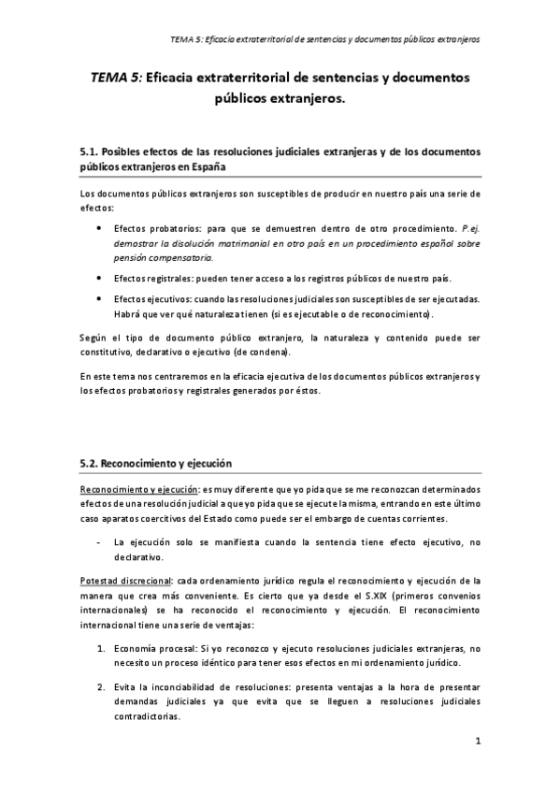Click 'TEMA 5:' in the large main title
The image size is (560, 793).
[x=118, y=80]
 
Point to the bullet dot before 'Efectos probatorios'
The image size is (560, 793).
[x=100, y=227]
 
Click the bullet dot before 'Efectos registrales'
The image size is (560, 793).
[x=100, y=278]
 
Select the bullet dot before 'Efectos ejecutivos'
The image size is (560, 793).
[x=100, y=298]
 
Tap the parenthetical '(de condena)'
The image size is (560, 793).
[x=286, y=352]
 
